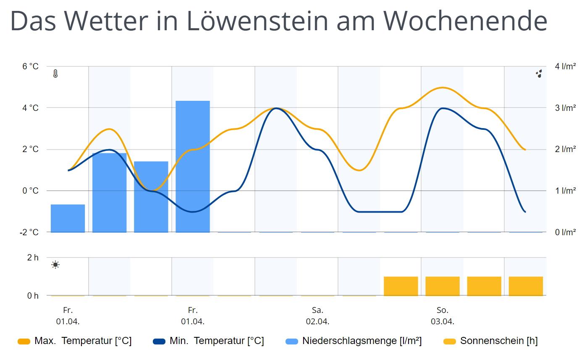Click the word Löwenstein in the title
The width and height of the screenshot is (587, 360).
pyautogui.click(x=257, y=20)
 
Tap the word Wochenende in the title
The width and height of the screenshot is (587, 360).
pyautogui.click(x=465, y=20)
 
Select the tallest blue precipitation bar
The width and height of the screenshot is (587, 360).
pyautogui.click(x=192, y=166)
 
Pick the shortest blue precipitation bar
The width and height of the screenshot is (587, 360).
pyautogui.click(x=68, y=218)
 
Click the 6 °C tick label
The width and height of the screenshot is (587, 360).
pyautogui.click(x=30, y=66)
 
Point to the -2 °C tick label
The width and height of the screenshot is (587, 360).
pyautogui.click(x=29, y=232)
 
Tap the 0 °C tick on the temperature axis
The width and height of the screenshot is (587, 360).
pyautogui.click(x=30, y=191)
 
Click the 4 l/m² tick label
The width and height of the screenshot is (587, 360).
pyautogui.click(x=565, y=66)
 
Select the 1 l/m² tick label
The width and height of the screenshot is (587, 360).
pyautogui.click(x=565, y=191)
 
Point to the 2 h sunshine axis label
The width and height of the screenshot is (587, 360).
pyautogui.click(x=33, y=258)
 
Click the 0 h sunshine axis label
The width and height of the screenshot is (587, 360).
pyautogui.click(x=33, y=296)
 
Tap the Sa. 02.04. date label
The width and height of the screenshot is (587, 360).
pyautogui.click(x=317, y=316)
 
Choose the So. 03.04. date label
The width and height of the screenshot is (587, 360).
pyautogui.click(x=442, y=316)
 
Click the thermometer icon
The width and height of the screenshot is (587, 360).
pyautogui.click(x=55, y=74)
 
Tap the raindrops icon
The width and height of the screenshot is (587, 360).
pyautogui.click(x=539, y=74)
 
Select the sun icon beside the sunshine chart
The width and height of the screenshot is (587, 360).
pyautogui.click(x=55, y=265)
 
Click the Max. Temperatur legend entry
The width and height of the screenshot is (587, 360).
pyautogui.click(x=75, y=341)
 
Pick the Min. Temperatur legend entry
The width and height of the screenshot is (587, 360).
pyautogui.click(x=209, y=341)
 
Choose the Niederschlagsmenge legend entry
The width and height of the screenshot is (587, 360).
pyautogui.click(x=354, y=341)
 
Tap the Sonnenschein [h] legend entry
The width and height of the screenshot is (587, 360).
pyautogui.click(x=490, y=341)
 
